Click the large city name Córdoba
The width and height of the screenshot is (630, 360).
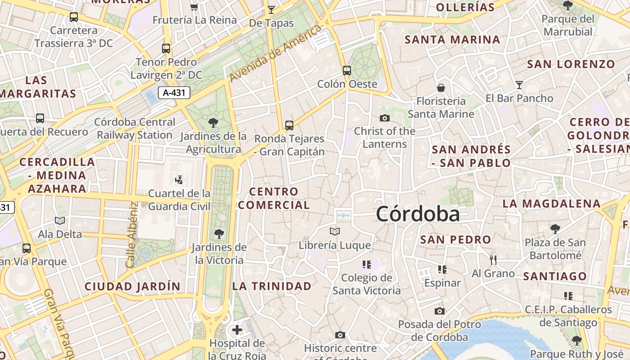[418, 214]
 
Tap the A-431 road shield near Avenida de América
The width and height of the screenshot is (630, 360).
[174, 93]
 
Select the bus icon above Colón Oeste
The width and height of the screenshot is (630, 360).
[346, 71]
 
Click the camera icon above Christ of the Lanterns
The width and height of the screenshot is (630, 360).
[384, 118]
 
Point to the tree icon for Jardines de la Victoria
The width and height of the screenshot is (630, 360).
[219, 234]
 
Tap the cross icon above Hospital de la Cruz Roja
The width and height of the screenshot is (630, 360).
[237, 330]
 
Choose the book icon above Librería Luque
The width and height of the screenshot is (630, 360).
[334, 232]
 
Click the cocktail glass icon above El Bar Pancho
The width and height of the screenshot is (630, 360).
[519, 85]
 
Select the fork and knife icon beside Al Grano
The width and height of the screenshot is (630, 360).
[493, 260]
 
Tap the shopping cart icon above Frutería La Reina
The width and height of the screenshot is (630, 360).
[194, 7]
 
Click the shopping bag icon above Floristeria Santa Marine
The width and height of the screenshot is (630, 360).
[441, 87]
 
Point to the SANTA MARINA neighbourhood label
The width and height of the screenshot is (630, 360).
[452, 40]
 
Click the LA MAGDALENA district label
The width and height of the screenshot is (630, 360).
[551, 204]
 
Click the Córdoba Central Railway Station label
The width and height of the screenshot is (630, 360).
[135, 128]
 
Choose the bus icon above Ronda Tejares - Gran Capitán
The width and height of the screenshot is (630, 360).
[289, 125]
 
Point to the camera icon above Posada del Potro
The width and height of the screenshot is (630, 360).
[439, 311]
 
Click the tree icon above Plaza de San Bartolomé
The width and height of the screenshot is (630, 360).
[555, 229]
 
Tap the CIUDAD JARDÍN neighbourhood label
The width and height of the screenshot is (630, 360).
[132, 286]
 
